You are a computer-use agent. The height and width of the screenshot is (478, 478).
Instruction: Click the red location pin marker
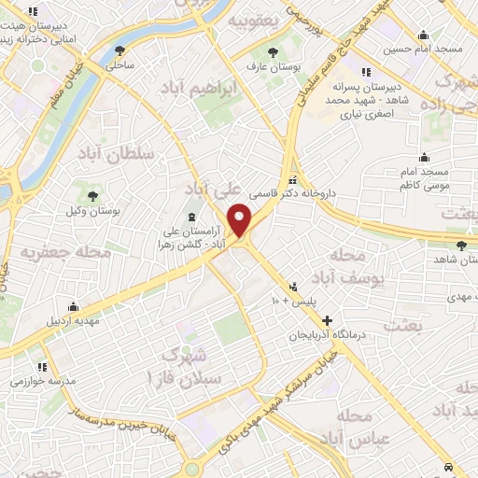pyautogui.click(x=242, y=220)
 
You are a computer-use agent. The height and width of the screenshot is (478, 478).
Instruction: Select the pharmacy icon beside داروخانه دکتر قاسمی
pyautogui.click(x=293, y=180)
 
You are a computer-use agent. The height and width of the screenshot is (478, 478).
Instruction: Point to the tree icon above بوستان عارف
pyautogui.click(x=273, y=52)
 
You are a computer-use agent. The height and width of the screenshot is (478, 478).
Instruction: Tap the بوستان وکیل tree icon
pyautogui.click(x=92, y=195)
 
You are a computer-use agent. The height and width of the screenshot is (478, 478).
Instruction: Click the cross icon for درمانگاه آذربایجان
pyautogui.click(x=327, y=320)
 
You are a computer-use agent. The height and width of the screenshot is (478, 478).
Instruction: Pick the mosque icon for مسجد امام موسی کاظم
pyautogui.click(x=425, y=156)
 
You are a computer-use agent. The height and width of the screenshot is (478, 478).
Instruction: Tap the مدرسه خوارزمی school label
pyautogui.click(x=40, y=382)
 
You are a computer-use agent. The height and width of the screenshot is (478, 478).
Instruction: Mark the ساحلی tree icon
pyautogui.click(x=119, y=52)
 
